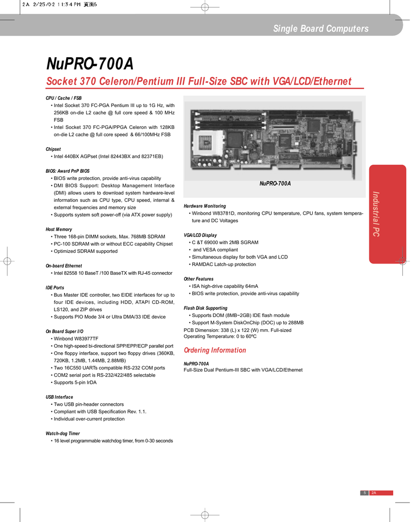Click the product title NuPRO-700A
[x=90, y=64]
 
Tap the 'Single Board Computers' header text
[x=320, y=29]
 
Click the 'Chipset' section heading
[x=53, y=149]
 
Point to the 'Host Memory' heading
[x=59, y=229]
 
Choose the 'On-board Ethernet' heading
[x=64, y=266]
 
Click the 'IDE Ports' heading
[x=55, y=288]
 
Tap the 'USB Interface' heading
[x=59, y=397]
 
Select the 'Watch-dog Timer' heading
[x=63, y=433]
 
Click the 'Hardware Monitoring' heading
[x=205, y=206]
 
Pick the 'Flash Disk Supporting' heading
[x=205, y=308]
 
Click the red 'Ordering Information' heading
[x=214, y=350]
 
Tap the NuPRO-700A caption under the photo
[x=275, y=184]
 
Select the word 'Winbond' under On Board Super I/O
[x=64, y=338]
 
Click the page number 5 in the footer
[x=364, y=492]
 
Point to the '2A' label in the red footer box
[x=374, y=492]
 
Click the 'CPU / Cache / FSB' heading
[x=64, y=98]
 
